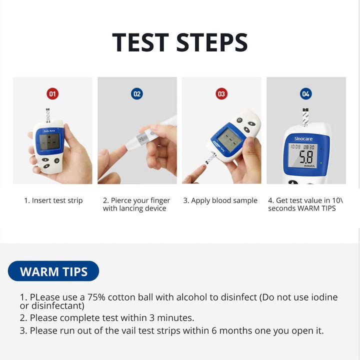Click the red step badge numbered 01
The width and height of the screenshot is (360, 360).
[52, 93]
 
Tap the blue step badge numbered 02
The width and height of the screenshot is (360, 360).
[136, 93]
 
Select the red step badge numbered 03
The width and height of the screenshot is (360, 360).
[221, 93]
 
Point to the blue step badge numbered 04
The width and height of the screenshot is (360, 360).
[306, 93]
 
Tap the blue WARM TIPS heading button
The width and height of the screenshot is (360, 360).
[53, 271]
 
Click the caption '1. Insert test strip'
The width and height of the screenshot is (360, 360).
[53, 200]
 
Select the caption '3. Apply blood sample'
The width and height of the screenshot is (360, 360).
[220, 200]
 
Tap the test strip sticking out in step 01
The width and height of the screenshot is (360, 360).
[48, 114]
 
